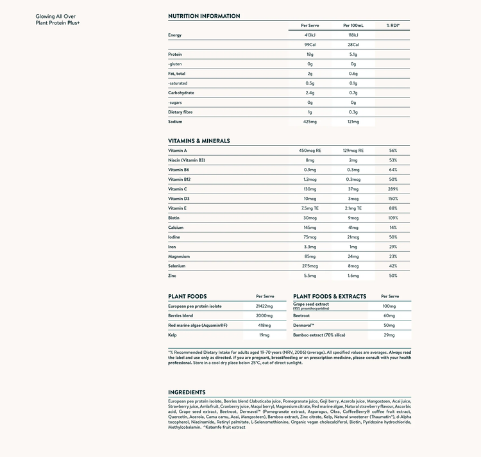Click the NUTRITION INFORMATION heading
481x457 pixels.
tap(204, 16)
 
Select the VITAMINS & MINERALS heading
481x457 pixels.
tap(199, 140)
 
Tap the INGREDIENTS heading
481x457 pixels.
tap(187, 392)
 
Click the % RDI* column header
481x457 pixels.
tap(392, 25)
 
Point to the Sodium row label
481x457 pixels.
tap(175, 121)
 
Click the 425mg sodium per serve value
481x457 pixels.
tap(310, 121)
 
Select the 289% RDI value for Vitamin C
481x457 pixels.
tap(392, 189)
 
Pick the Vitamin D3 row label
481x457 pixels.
tap(179, 199)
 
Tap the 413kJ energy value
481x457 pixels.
tap(310, 35)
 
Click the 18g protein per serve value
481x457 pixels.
tap(310, 54)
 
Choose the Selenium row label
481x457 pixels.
tap(177, 266)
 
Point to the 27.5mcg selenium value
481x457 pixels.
tap(310, 266)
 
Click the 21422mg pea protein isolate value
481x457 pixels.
tap(264, 306)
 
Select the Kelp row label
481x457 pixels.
tap(173, 335)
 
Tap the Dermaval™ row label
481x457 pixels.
tap(304, 326)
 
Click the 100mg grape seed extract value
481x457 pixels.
tap(389, 306)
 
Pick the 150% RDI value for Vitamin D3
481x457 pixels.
tap(392, 199)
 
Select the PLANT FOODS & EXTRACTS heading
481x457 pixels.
tap(330, 296)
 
